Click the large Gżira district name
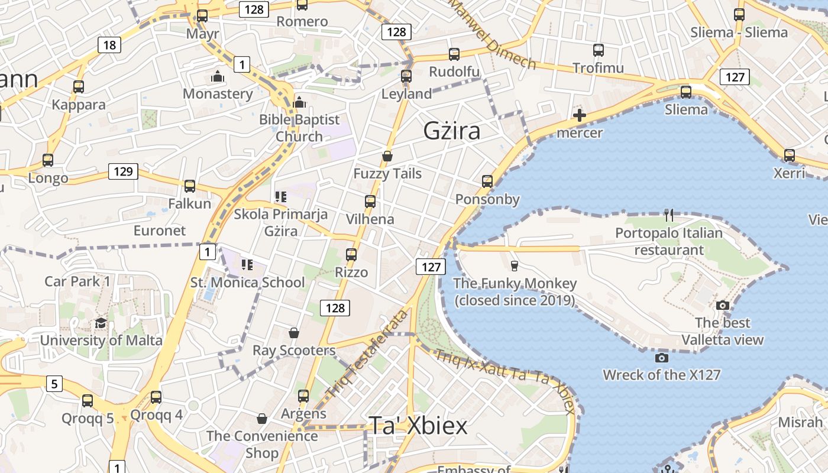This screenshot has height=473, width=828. click(x=452, y=131)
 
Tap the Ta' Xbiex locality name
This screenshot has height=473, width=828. click(x=418, y=425)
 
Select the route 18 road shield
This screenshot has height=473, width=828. click(x=110, y=45)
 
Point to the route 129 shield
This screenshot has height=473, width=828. click(x=123, y=172)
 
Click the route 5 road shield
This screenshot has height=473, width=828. click(x=54, y=384)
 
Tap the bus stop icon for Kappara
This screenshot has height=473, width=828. click(x=79, y=87)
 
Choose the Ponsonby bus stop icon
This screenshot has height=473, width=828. click(x=487, y=182)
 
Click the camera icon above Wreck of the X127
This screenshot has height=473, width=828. click(x=662, y=358)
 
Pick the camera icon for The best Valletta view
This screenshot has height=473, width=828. click(x=722, y=306)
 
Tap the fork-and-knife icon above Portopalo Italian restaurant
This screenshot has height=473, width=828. click(x=669, y=215)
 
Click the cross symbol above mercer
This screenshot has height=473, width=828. click(x=580, y=115)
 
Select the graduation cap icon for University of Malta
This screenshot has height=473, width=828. click(x=101, y=323)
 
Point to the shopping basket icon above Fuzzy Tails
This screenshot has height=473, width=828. click(x=387, y=156)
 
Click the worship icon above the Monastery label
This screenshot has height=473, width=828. click(x=218, y=77)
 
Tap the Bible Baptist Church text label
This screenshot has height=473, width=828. click(x=299, y=128)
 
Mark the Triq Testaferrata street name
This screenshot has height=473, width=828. click(x=367, y=354)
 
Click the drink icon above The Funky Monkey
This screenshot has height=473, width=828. click(x=514, y=266)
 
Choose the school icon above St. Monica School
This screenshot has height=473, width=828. click(x=247, y=264)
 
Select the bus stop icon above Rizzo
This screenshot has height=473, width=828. click(x=351, y=255)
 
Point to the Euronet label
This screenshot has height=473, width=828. click(x=160, y=231)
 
